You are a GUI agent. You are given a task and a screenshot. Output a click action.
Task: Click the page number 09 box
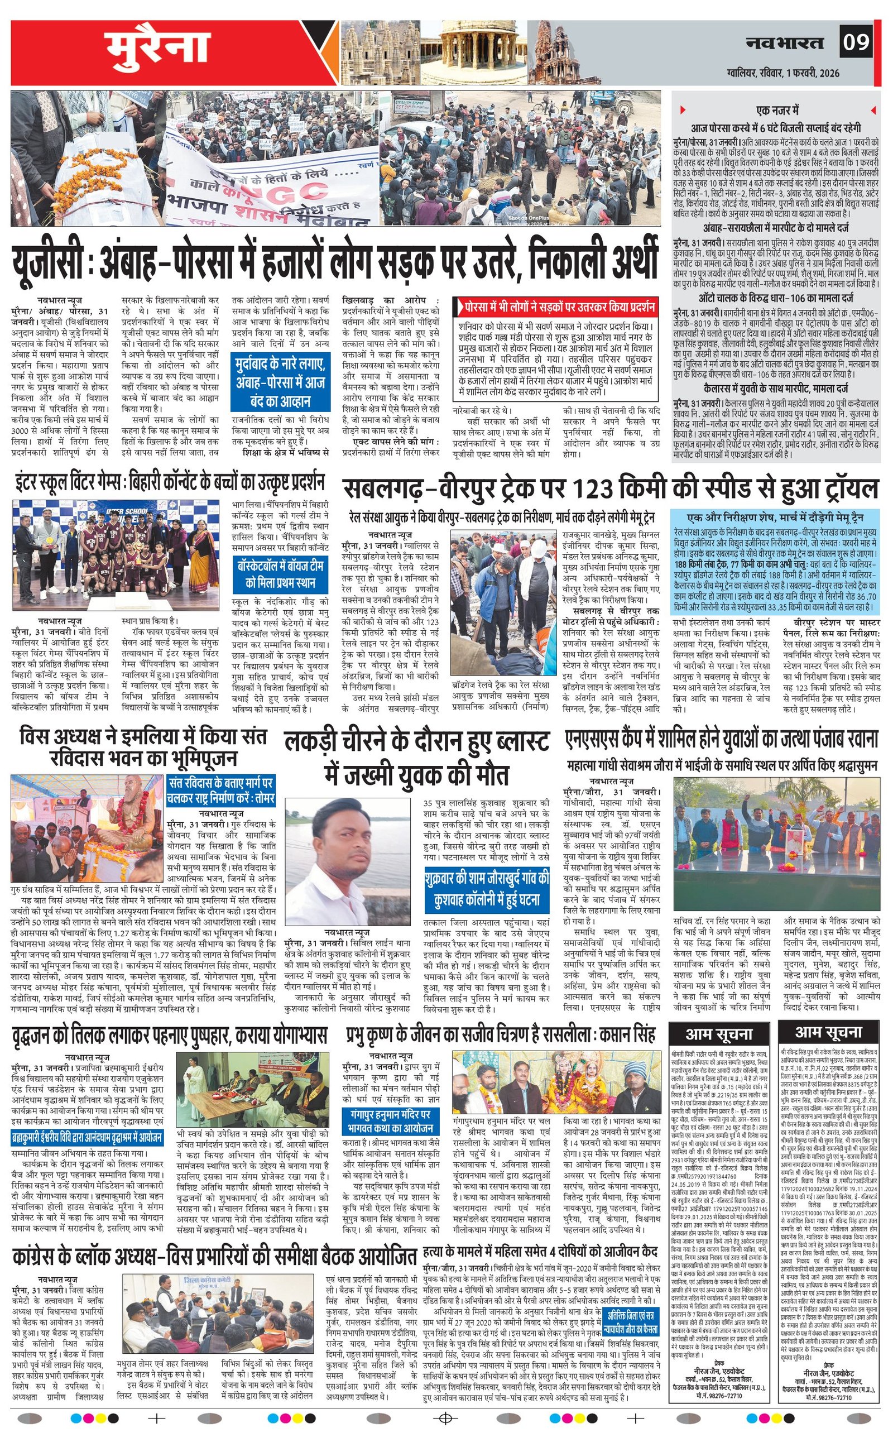[856, 42]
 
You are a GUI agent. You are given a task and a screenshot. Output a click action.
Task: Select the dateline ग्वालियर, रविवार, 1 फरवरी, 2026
[783, 73]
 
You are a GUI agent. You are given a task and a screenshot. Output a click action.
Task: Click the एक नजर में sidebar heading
[777, 110]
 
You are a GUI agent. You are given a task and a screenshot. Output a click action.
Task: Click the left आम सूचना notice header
[718, 1033]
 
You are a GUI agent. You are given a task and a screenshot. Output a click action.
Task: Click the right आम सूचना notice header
[828, 1032]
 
